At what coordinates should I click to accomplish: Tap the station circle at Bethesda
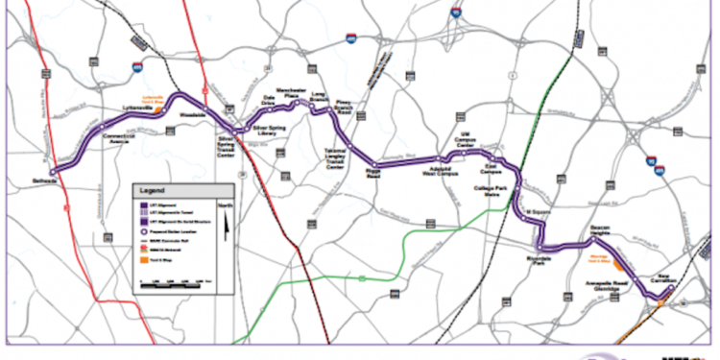pos(54,170)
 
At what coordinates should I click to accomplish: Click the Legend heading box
pos(182,190)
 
